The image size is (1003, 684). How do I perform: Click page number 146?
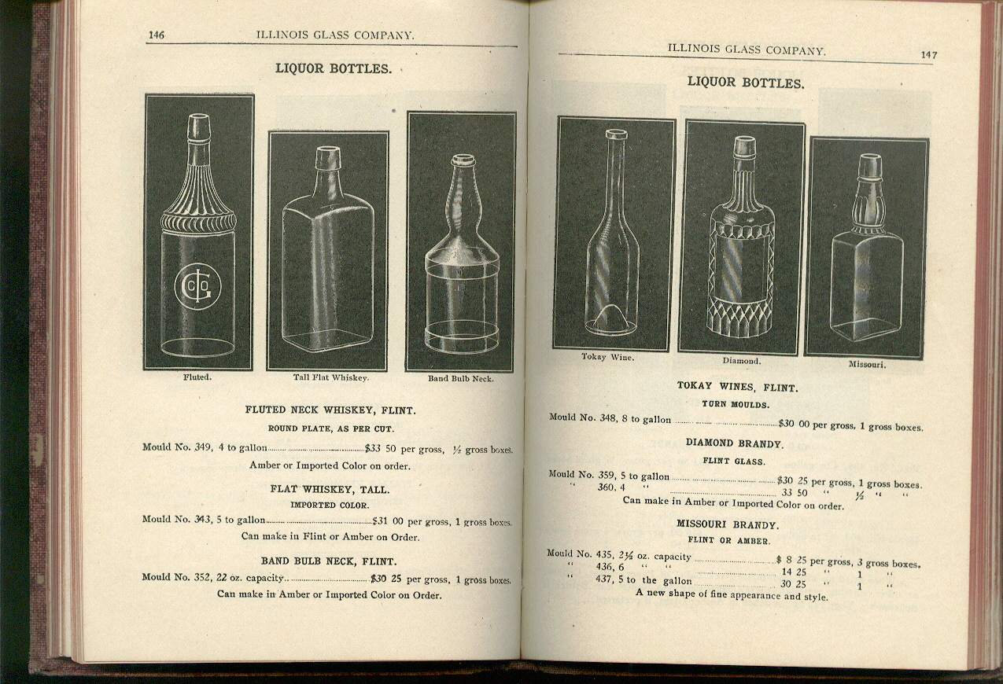[156, 35]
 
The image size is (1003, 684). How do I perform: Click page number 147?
[929, 55]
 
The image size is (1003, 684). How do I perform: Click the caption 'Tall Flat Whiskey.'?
[331, 377]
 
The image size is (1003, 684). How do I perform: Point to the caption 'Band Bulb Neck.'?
[460, 378]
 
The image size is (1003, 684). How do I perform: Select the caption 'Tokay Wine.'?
[607, 357]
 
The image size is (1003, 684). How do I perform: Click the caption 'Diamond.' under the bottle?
[741, 361]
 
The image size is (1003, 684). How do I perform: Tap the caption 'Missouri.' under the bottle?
[867, 365]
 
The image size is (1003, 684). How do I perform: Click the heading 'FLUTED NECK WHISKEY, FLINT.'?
[330, 410]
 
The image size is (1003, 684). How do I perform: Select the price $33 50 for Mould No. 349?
[380, 448]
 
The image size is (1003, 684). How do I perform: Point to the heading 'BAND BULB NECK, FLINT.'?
[329, 561]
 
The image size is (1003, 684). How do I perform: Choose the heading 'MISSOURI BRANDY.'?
[728, 524]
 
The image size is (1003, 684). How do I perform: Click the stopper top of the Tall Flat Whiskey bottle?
[327, 158]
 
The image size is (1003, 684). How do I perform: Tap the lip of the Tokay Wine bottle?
[616, 134]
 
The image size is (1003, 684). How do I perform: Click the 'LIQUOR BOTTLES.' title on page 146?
[333, 68]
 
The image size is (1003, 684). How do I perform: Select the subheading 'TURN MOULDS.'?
[736, 404]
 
